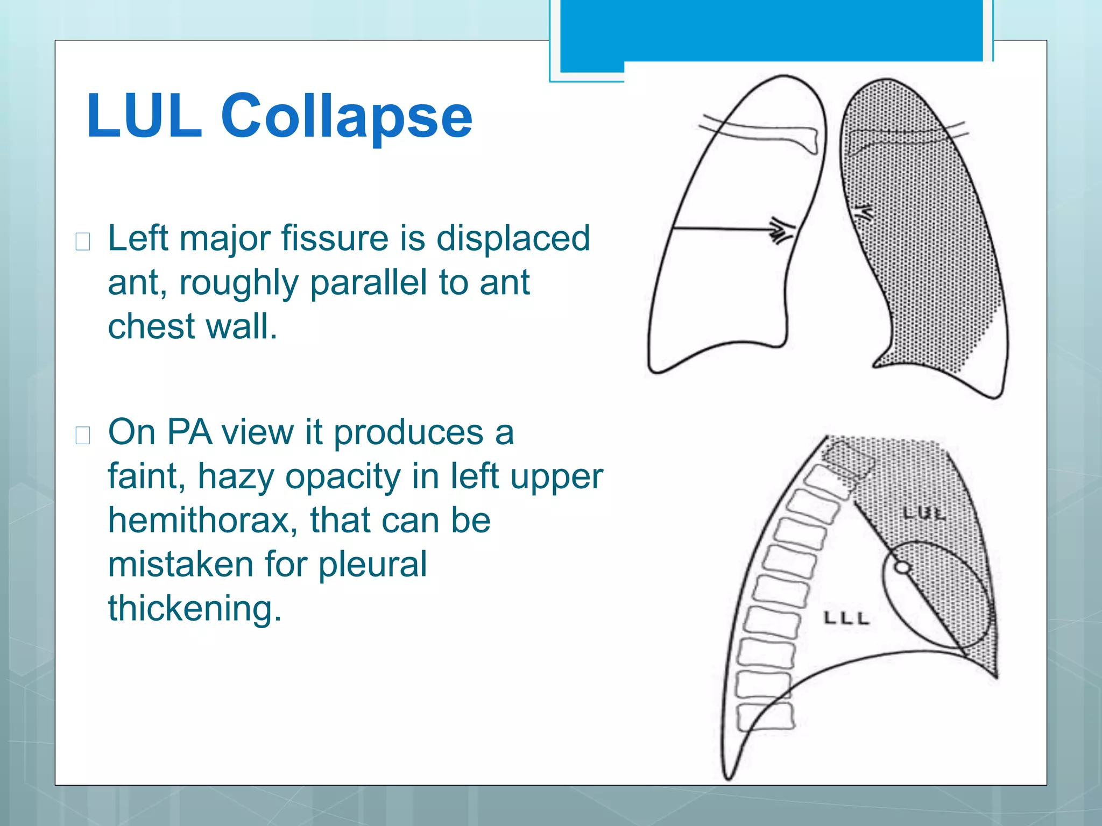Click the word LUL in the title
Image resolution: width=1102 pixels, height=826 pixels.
(144, 116)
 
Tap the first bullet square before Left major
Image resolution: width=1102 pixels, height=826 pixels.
(83, 241)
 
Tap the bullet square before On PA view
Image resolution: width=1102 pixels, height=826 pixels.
(83, 435)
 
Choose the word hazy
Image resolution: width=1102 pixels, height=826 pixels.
(236, 477)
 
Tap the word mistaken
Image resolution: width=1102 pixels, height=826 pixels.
(181, 565)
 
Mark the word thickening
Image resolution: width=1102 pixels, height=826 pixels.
(194, 609)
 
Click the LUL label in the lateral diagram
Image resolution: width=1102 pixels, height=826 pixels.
(923, 514)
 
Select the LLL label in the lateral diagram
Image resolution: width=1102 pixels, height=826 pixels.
(846, 618)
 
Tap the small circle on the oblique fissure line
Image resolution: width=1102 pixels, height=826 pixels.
(902, 567)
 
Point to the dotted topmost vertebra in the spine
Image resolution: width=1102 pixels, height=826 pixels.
(847, 459)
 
